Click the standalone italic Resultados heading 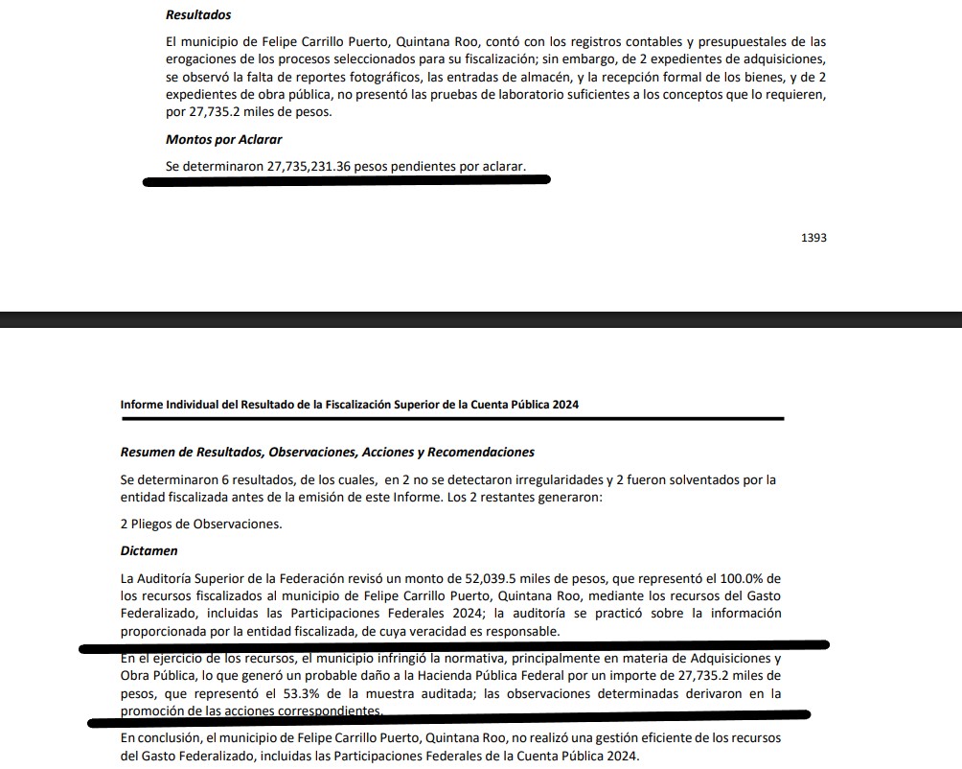point(198,15)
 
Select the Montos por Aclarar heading point(223,139)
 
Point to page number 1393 point(813,238)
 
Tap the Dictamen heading point(150,551)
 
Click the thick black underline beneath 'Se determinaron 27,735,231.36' point(345,180)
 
